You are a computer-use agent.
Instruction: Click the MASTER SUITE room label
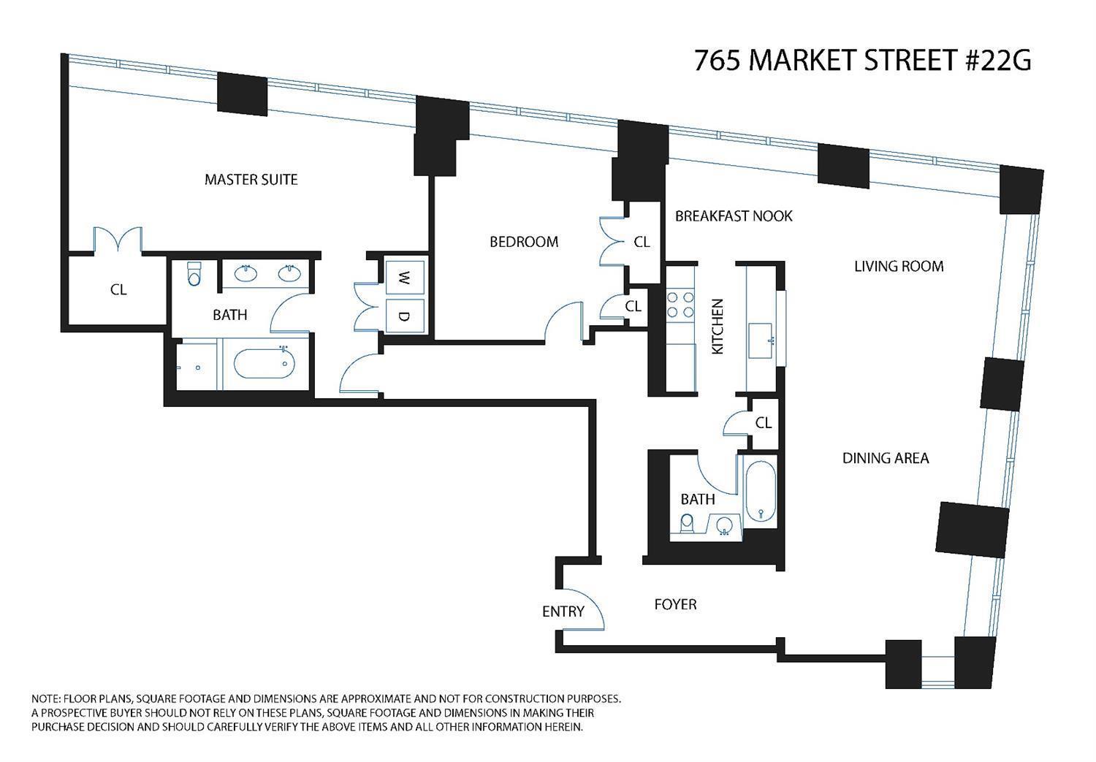251,180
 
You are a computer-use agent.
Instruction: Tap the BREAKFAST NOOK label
733,216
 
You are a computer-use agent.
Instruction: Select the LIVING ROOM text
898,267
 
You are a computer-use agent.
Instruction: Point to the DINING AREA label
885,459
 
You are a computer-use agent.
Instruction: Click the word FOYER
674,605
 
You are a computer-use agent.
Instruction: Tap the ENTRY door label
563,611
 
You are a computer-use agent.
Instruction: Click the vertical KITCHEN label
718,327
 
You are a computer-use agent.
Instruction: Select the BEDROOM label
523,242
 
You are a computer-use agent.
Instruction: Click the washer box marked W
404,277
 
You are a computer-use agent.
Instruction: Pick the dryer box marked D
404,316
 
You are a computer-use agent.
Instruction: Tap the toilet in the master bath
194,275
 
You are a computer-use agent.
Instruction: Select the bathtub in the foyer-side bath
760,490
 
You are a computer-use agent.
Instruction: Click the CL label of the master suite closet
118,290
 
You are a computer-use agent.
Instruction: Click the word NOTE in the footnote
45,698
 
